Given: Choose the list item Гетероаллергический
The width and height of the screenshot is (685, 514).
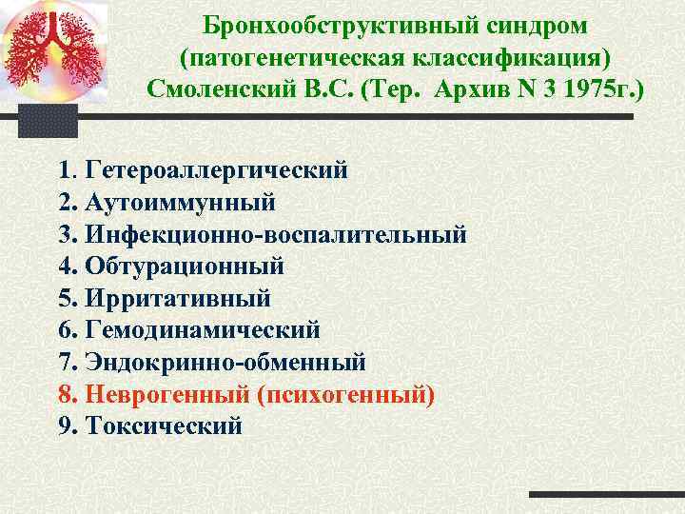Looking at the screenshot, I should coord(216,171).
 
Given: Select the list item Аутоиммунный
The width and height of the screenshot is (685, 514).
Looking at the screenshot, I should coord(180,203).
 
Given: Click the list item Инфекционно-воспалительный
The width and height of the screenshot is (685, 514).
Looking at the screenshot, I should coord(275,235).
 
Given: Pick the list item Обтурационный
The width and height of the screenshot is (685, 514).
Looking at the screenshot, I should coord(184,267).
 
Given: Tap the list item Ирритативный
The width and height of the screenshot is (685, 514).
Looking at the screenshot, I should coord(178,298).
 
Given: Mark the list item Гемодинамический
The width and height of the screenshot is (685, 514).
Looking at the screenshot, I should coord(203,330).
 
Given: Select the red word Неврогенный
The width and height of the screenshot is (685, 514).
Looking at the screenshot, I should coord(167,394).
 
